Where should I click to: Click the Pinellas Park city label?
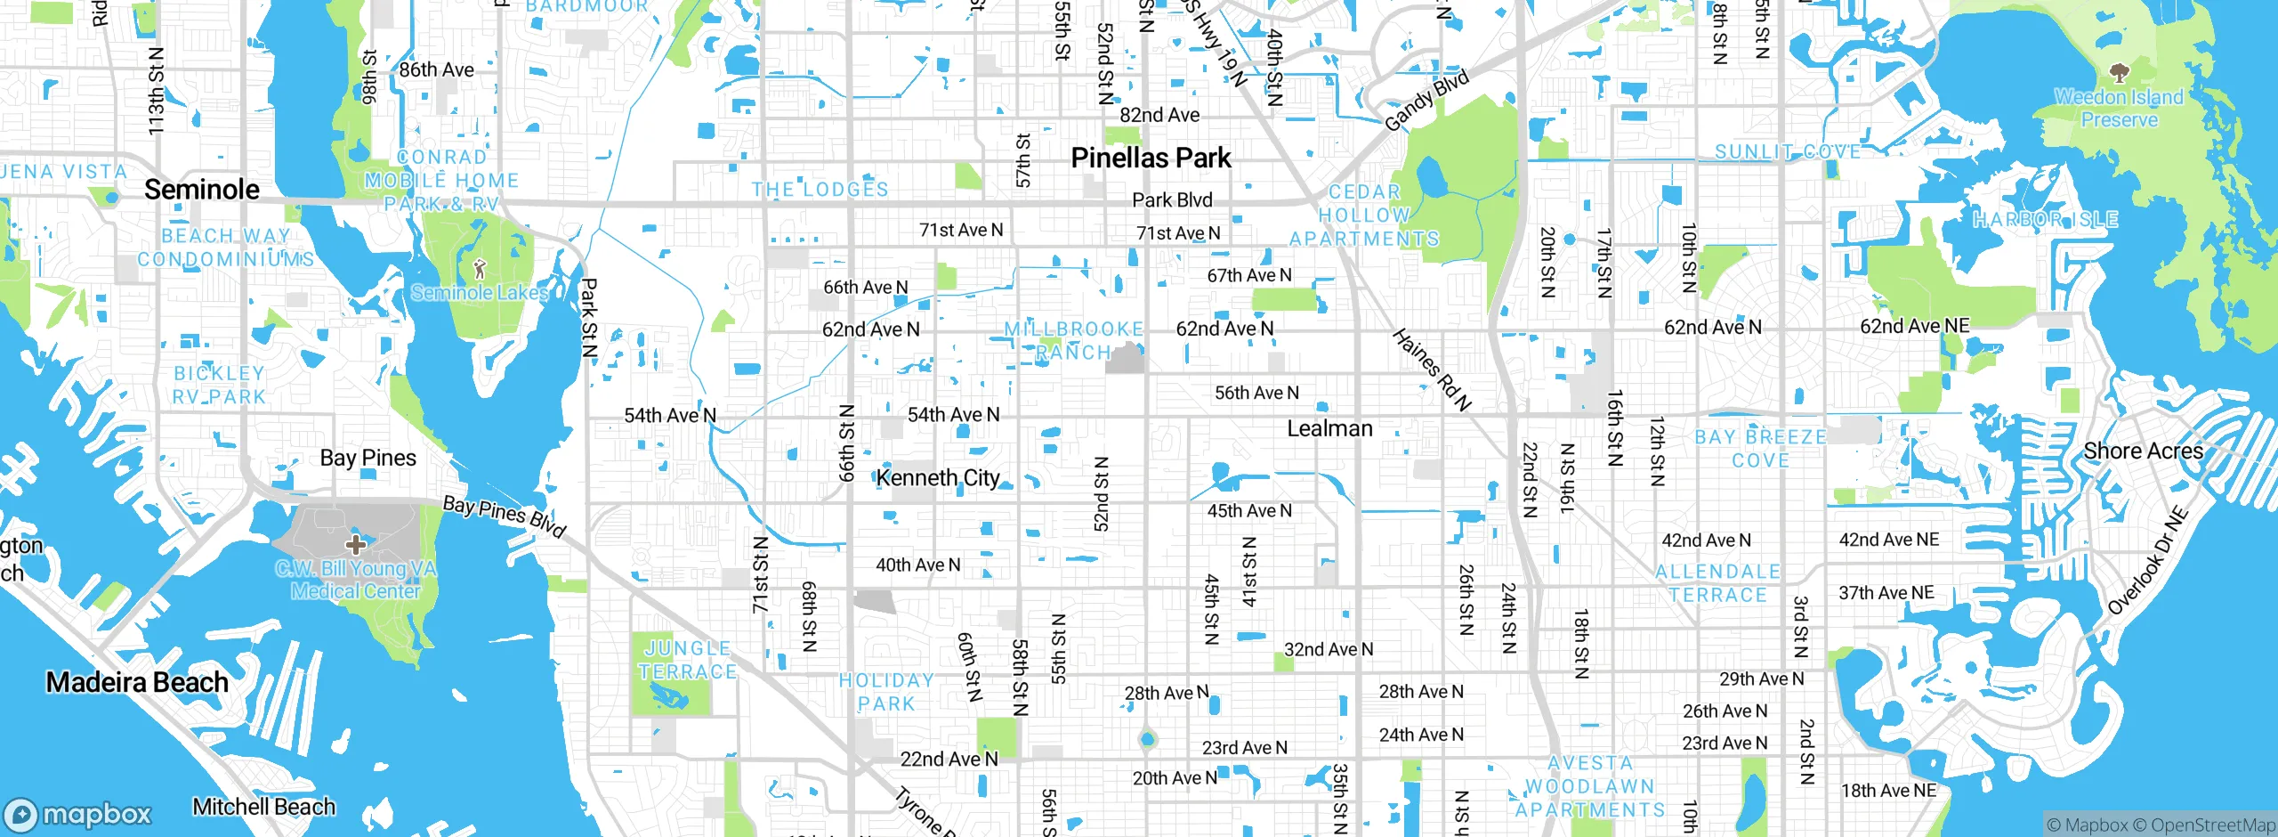pos(1151,158)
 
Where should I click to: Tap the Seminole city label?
pos(202,190)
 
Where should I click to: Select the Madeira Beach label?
pos(137,683)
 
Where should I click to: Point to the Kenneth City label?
pos(938,478)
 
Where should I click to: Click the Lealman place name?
pos(1329,429)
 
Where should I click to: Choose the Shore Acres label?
pos(2143,451)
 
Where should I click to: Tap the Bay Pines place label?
pos(368,459)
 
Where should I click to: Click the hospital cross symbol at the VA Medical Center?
pos(356,544)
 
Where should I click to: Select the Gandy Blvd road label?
pos(1426,101)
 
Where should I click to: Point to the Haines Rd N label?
pos(1431,370)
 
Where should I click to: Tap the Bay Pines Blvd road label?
pos(504,517)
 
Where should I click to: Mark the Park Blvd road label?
pos(1172,200)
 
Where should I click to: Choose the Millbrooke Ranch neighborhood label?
pos(1073,341)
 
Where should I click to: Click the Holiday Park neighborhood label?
pos(886,692)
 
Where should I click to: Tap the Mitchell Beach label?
pos(264,807)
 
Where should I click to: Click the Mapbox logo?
pos(78,815)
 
